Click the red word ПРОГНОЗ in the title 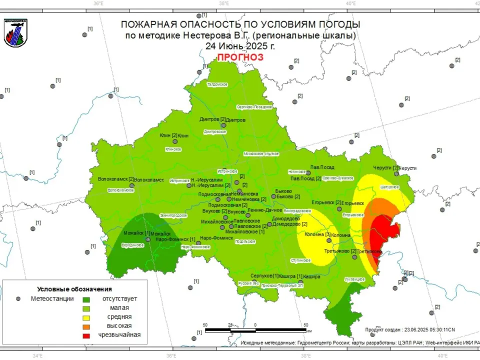[240, 57]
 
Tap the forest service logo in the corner [15, 32]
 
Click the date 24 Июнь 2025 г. [240, 46]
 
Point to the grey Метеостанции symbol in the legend [18, 298]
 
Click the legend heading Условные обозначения [74, 289]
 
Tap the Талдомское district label [217, 84]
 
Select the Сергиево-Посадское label [254, 107]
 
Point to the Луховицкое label [355, 279]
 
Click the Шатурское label [389, 187]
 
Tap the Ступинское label [301, 260]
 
